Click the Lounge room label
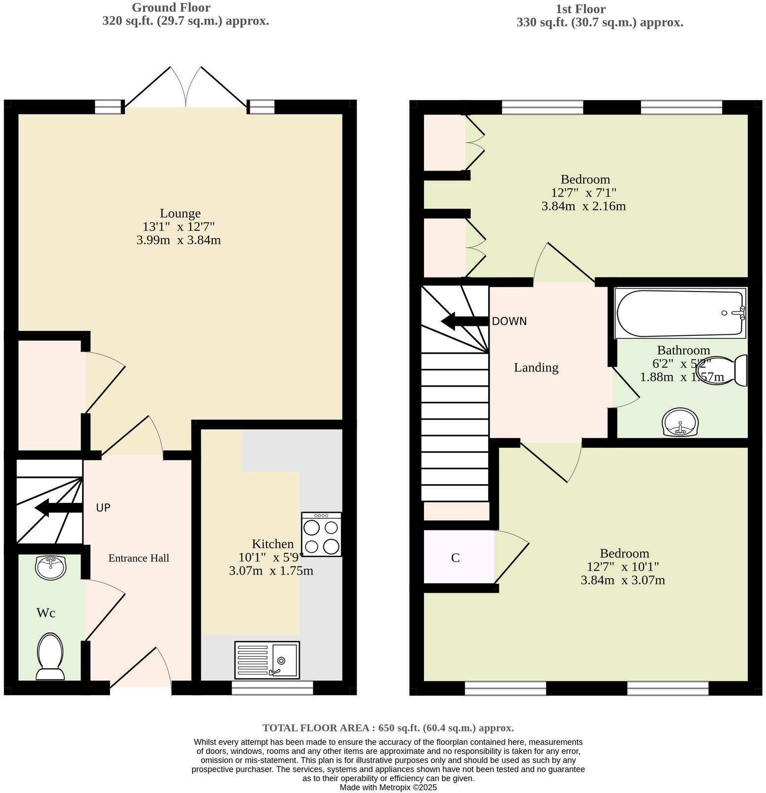tap(180, 214)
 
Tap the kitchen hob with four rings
tap(321, 535)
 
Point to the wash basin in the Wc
tap(50, 567)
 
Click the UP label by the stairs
tap(103, 507)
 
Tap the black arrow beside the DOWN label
tap(464, 321)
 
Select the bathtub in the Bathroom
tap(680, 313)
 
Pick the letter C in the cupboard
tap(455, 558)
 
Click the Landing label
tap(536, 367)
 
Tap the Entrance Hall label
tap(139, 558)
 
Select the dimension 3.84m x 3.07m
tap(622, 580)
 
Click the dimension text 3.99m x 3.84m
tap(178, 240)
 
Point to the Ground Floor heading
tap(171, 8)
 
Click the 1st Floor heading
tap(580, 9)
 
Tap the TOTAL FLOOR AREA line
tap(388, 727)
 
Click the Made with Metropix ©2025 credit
tap(388, 788)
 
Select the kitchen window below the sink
tap(272, 687)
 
